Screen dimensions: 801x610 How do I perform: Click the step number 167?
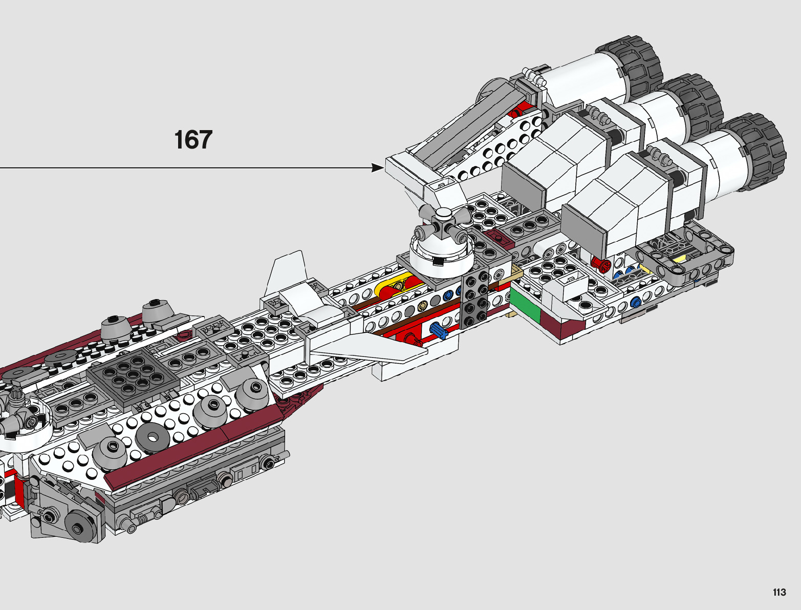coord(193,140)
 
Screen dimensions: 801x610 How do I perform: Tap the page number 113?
coord(779,593)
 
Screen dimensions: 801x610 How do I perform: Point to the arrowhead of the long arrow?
coord(379,167)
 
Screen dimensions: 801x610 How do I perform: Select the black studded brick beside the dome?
coord(474,299)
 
